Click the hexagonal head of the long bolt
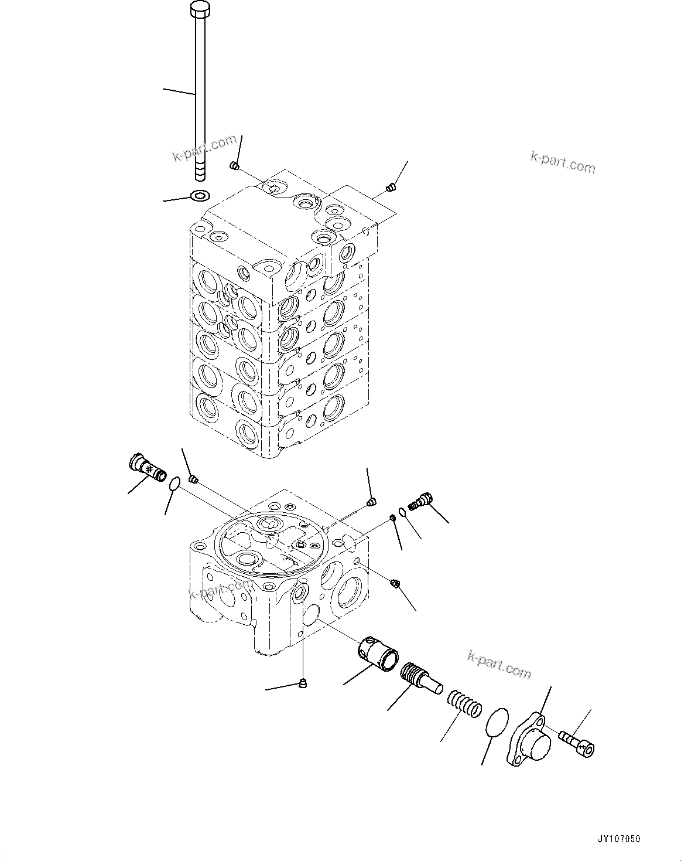tap(199, 10)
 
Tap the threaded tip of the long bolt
tap(200, 172)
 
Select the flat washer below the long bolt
tap(200, 195)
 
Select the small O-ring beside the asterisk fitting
tap(174, 484)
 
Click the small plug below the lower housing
tap(303, 682)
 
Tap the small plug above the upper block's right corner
tap(391, 188)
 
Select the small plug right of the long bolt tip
tap(234, 166)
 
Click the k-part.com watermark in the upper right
tap(562, 162)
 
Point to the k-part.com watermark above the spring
tap(499, 664)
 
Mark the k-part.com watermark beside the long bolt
tap(204, 148)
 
